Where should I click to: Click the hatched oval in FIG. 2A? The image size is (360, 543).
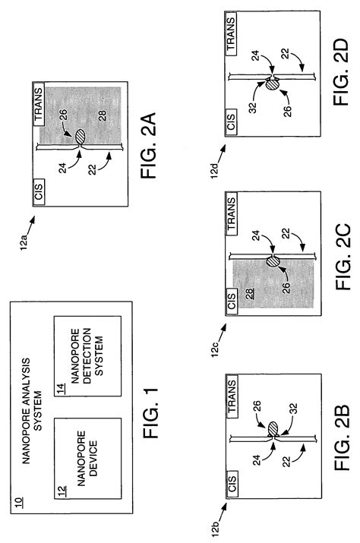coord(81,137)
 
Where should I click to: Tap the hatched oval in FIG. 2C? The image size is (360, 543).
coord(272,262)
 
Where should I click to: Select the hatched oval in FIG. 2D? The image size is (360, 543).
coord(271,84)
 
